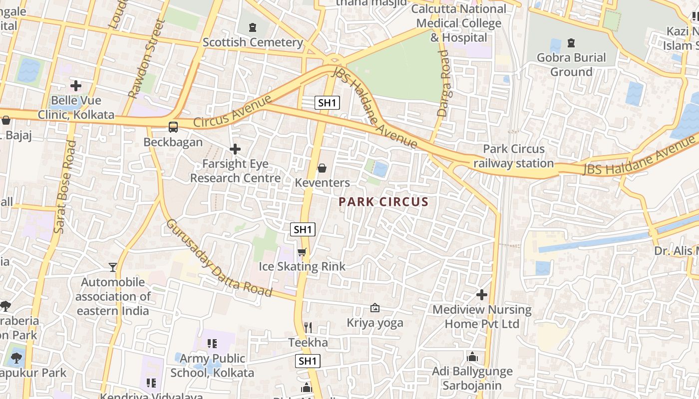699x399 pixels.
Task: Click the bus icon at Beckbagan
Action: pyautogui.click(x=173, y=127)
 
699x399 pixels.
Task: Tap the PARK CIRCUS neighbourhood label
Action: pyautogui.click(x=383, y=202)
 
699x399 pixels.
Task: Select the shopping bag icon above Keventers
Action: pyautogui.click(x=322, y=168)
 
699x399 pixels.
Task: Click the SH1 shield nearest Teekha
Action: pyautogui.click(x=308, y=361)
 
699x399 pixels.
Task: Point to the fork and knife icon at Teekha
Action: pyautogui.click(x=308, y=327)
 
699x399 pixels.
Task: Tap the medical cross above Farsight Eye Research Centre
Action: pyautogui.click(x=235, y=149)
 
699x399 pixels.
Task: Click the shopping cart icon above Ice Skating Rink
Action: pyautogui.click(x=302, y=252)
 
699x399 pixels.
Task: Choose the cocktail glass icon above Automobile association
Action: pyautogui.click(x=113, y=267)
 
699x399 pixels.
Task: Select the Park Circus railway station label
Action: pyautogui.click(x=514, y=156)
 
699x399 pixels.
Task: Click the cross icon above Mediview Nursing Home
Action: pyautogui.click(x=482, y=295)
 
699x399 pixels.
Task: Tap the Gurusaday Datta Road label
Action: pyautogui.click(x=219, y=258)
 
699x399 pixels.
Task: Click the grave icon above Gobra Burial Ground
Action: pyautogui.click(x=571, y=42)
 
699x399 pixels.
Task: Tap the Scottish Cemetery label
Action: pyautogui.click(x=253, y=42)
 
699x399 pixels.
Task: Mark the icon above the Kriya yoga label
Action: pyautogui.click(x=374, y=308)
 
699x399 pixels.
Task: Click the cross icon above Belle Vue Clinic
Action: pyautogui.click(x=76, y=86)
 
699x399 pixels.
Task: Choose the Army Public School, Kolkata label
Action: pyautogui.click(x=212, y=366)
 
